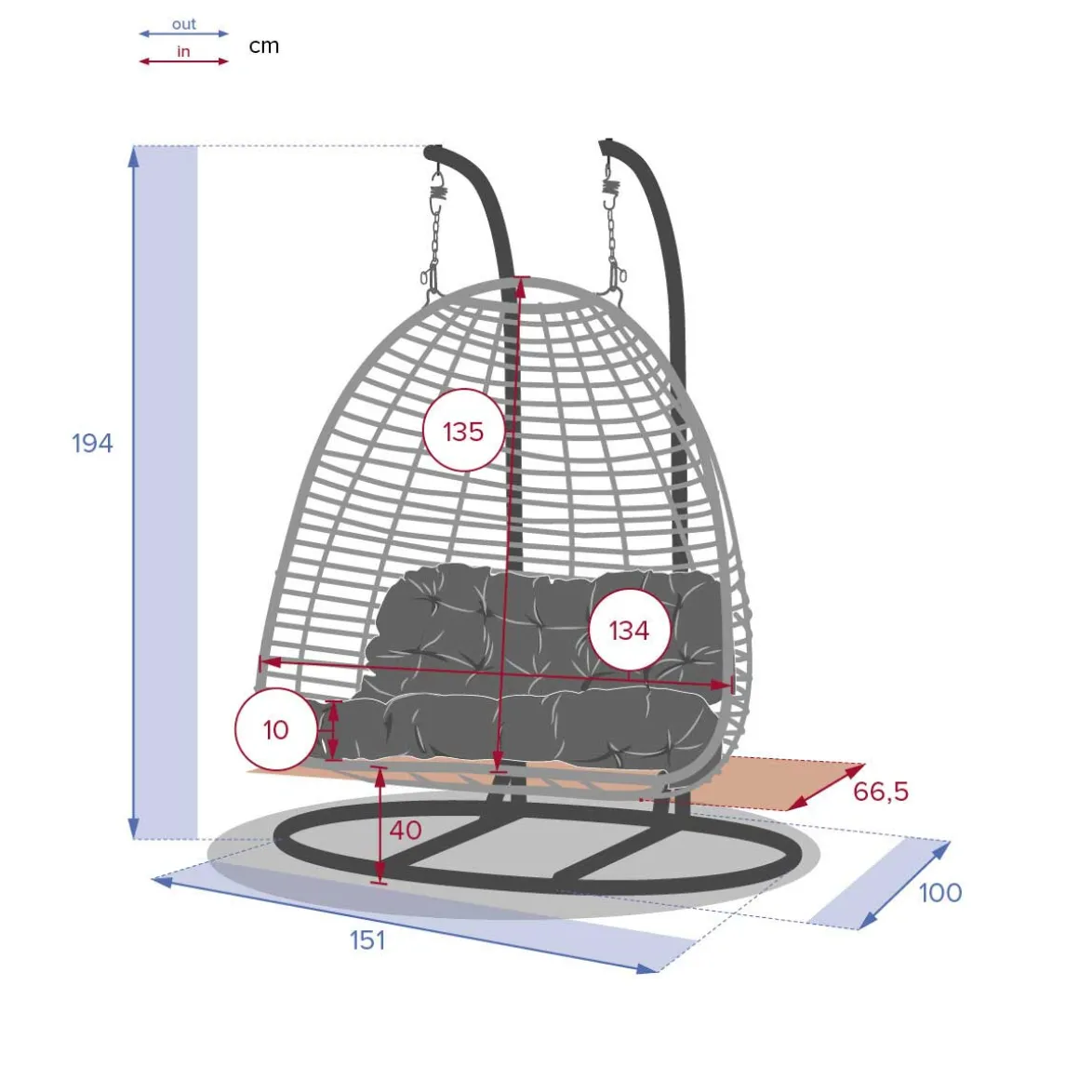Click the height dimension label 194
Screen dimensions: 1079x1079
click(x=92, y=443)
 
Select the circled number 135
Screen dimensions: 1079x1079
click(x=463, y=432)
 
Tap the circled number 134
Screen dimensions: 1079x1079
click(x=629, y=630)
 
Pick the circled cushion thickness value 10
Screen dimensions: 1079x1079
click(x=276, y=729)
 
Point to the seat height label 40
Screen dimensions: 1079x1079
click(x=406, y=830)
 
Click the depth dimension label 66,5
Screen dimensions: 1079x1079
click(x=881, y=793)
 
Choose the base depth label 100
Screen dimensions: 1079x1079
click(x=940, y=893)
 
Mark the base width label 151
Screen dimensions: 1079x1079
click(x=367, y=940)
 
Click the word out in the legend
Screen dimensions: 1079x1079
click(x=184, y=24)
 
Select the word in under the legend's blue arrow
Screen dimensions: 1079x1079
click(x=183, y=51)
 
